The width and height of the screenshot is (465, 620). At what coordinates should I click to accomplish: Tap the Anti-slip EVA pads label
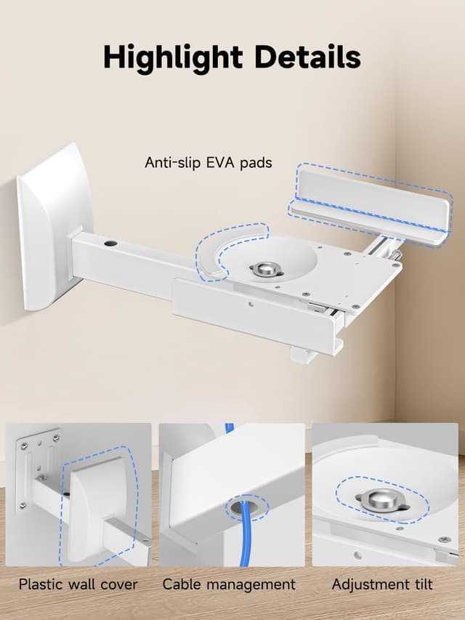209,162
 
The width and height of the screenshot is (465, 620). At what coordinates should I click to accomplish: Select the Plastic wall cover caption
78,584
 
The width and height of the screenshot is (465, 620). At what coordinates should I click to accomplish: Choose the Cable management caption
229,584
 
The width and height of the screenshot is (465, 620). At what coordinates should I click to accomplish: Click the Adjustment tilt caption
382,584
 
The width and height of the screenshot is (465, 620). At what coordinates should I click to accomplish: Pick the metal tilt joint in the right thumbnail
382,499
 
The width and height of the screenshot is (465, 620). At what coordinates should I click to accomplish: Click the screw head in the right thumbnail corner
444,539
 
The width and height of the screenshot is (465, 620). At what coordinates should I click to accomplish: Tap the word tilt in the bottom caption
420,584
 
